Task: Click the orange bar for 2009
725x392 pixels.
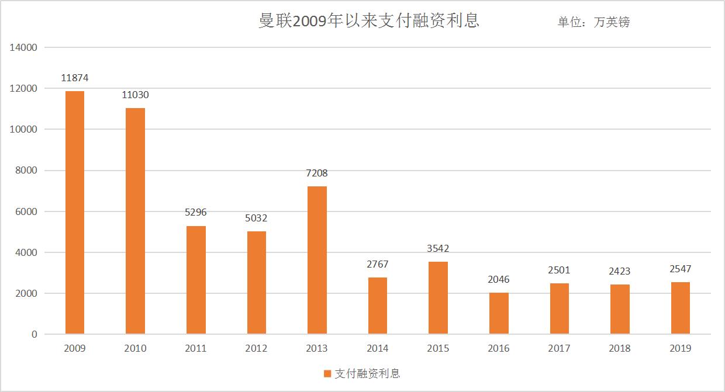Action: [74, 213]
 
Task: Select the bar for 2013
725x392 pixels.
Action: [317, 261]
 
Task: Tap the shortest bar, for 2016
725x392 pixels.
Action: [499, 314]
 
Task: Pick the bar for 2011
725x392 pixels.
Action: [196, 280]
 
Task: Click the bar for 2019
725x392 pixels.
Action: [681, 308]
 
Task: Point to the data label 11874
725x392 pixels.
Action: [75, 78]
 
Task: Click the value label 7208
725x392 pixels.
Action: [317, 173]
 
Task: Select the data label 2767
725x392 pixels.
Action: [378, 264]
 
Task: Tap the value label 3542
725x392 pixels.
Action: [438, 248]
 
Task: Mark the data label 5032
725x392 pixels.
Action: [256, 218]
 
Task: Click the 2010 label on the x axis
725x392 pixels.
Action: [135, 349]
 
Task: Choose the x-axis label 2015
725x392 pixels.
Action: [438, 349]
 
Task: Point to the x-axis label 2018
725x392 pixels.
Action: [620, 349]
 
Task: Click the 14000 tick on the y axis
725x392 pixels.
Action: [24, 48]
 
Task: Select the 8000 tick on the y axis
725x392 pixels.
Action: [26, 171]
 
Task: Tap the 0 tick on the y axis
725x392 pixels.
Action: [34, 335]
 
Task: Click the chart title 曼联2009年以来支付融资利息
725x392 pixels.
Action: [369, 21]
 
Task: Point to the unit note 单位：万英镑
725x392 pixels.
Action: [593, 22]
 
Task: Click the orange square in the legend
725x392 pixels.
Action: [327, 374]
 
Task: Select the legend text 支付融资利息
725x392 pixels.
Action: [367, 374]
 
